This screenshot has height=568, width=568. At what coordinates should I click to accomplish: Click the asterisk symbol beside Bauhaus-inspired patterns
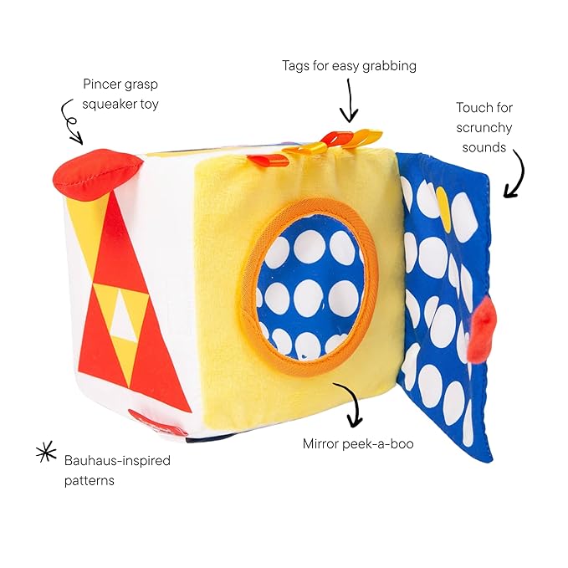(45, 453)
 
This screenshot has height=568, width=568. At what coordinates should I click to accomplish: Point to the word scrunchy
(484, 128)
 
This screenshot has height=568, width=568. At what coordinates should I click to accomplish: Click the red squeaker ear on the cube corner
(95, 171)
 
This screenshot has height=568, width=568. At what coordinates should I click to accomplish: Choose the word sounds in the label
(484, 148)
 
